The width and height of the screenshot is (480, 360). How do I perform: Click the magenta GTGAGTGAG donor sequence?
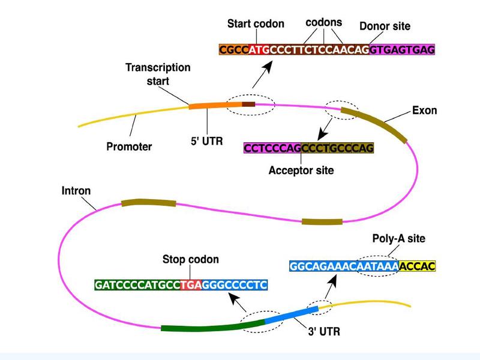[x=402, y=50]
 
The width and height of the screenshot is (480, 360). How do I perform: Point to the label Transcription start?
[x=158, y=74]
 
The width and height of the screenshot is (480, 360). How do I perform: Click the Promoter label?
[x=129, y=146]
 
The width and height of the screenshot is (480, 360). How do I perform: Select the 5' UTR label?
[x=206, y=145]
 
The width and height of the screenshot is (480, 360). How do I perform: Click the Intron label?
[x=76, y=191]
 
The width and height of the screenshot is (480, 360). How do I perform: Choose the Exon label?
[x=425, y=111]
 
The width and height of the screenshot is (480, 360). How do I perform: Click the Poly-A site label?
[x=399, y=239]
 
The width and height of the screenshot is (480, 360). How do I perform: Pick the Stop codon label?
[x=191, y=260]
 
